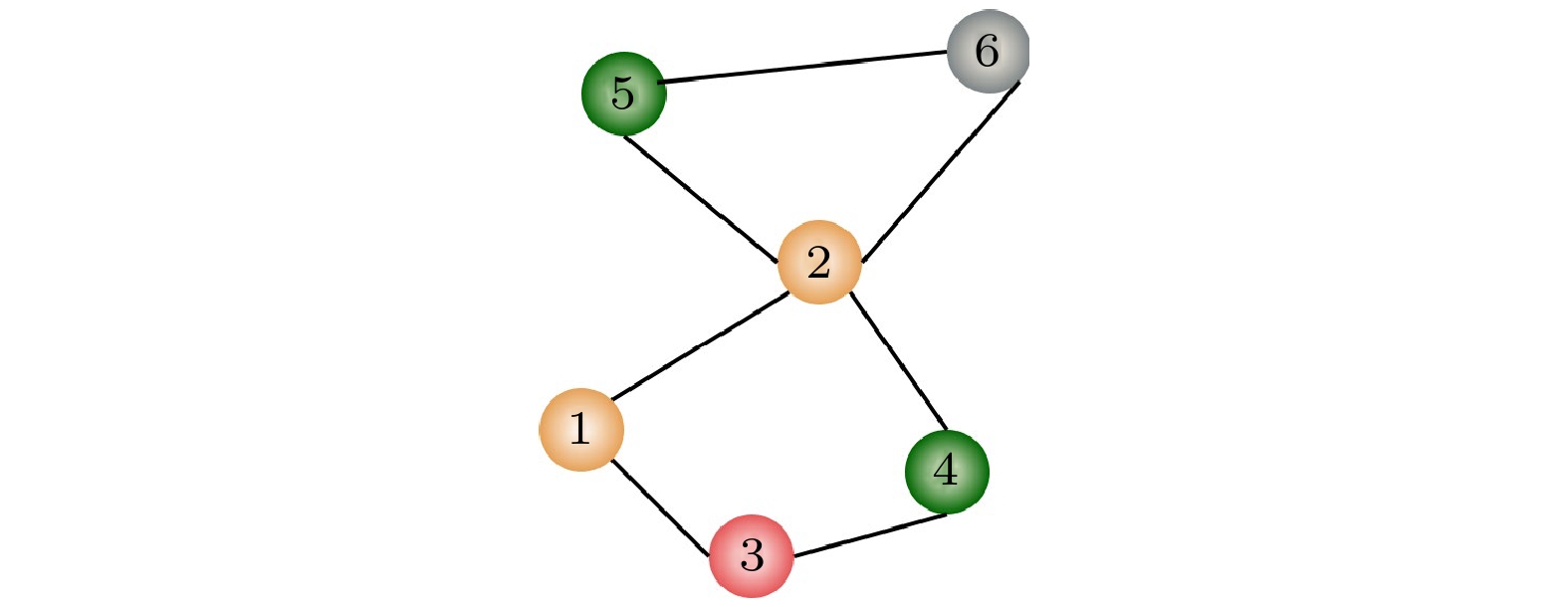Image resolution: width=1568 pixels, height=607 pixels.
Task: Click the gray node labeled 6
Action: (x=987, y=52)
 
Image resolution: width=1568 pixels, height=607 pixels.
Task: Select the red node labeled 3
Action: (x=752, y=555)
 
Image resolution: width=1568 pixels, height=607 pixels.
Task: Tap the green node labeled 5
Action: (x=623, y=94)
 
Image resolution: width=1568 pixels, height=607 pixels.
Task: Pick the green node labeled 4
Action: (x=947, y=472)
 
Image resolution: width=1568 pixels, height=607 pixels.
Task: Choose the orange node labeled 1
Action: (x=581, y=430)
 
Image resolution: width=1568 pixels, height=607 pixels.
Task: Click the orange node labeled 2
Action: (x=818, y=263)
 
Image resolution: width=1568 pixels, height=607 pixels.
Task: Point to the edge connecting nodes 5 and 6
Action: (x=804, y=66)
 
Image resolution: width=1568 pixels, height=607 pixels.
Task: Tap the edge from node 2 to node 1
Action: (x=701, y=346)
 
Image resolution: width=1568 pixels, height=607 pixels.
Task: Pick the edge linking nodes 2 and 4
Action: (x=897, y=362)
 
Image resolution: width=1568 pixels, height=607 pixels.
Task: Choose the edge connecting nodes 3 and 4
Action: (x=868, y=534)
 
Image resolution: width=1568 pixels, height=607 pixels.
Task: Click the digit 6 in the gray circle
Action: (x=987, y=52)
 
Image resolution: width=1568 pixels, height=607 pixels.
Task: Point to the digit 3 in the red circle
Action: (x=752, y=555)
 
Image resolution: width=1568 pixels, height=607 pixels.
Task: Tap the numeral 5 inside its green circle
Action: (x=623, y=94)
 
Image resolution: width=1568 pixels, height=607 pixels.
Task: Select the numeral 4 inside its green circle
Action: (x=946, y=471)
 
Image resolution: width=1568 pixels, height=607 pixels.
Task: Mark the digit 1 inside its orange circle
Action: (x=580, y=429)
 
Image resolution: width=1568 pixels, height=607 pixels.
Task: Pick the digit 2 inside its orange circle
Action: (x=818, y=263)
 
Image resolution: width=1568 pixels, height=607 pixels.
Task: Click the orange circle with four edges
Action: (x=818, y=263)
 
